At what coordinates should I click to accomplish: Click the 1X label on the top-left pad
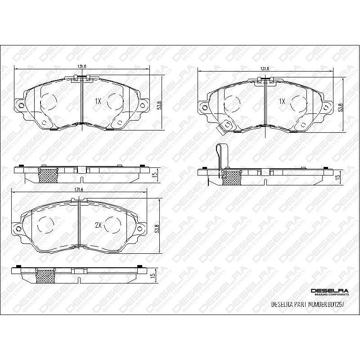tap(98, 102)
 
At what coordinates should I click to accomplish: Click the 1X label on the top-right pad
tap(282, 102)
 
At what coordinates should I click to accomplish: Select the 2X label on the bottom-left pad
tap(98, 225)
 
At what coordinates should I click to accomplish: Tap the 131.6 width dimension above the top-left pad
tap(82, 67)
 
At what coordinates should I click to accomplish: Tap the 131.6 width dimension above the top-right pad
tap(265, 68)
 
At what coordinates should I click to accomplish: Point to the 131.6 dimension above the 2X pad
tap(78, 189)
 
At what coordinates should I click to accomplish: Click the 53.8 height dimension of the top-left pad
tap(159, 104)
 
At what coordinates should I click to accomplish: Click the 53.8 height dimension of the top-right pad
tap(341, 108)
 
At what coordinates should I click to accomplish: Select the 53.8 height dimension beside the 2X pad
tap(157, 228)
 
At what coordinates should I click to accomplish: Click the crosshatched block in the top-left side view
tap(49, 175)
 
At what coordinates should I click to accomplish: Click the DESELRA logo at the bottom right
tap(329, 292)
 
